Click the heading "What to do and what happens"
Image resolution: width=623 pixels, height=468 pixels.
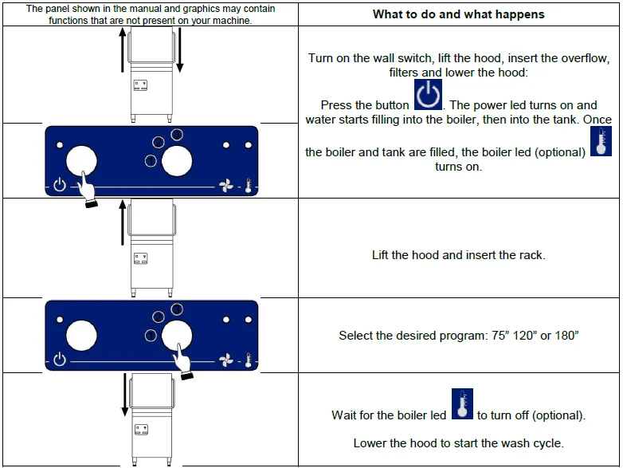pos(459,14)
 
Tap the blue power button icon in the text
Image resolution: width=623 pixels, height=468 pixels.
pos(428,94)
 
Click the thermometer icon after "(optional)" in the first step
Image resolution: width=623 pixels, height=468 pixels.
pos(601,141)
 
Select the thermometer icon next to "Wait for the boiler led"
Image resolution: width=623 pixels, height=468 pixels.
pos(462,403)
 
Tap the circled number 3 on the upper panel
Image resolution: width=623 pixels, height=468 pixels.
pos(177,135)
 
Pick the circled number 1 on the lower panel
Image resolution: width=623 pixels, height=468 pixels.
pos(151,336)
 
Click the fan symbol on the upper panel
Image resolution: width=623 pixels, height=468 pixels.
pos(226,185)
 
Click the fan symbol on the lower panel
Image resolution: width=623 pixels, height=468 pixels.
pos(226,360)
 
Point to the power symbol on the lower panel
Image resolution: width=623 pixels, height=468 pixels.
pos(60,359)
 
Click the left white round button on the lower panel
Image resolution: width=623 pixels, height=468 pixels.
pos(81,336)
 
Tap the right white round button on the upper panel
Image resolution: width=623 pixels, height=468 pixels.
pos(177,161)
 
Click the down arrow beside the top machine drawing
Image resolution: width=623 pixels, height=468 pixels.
pos(179,50)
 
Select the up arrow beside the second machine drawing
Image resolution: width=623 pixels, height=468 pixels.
pos(123,222)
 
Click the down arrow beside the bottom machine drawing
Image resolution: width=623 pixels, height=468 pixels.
pos(125,395)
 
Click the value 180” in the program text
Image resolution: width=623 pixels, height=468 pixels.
pos(567,336)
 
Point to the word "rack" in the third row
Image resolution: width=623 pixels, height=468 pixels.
pos(530,255)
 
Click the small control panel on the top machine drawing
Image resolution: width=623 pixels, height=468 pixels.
pos(140,85)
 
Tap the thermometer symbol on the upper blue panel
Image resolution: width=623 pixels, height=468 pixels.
pos(249,186)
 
